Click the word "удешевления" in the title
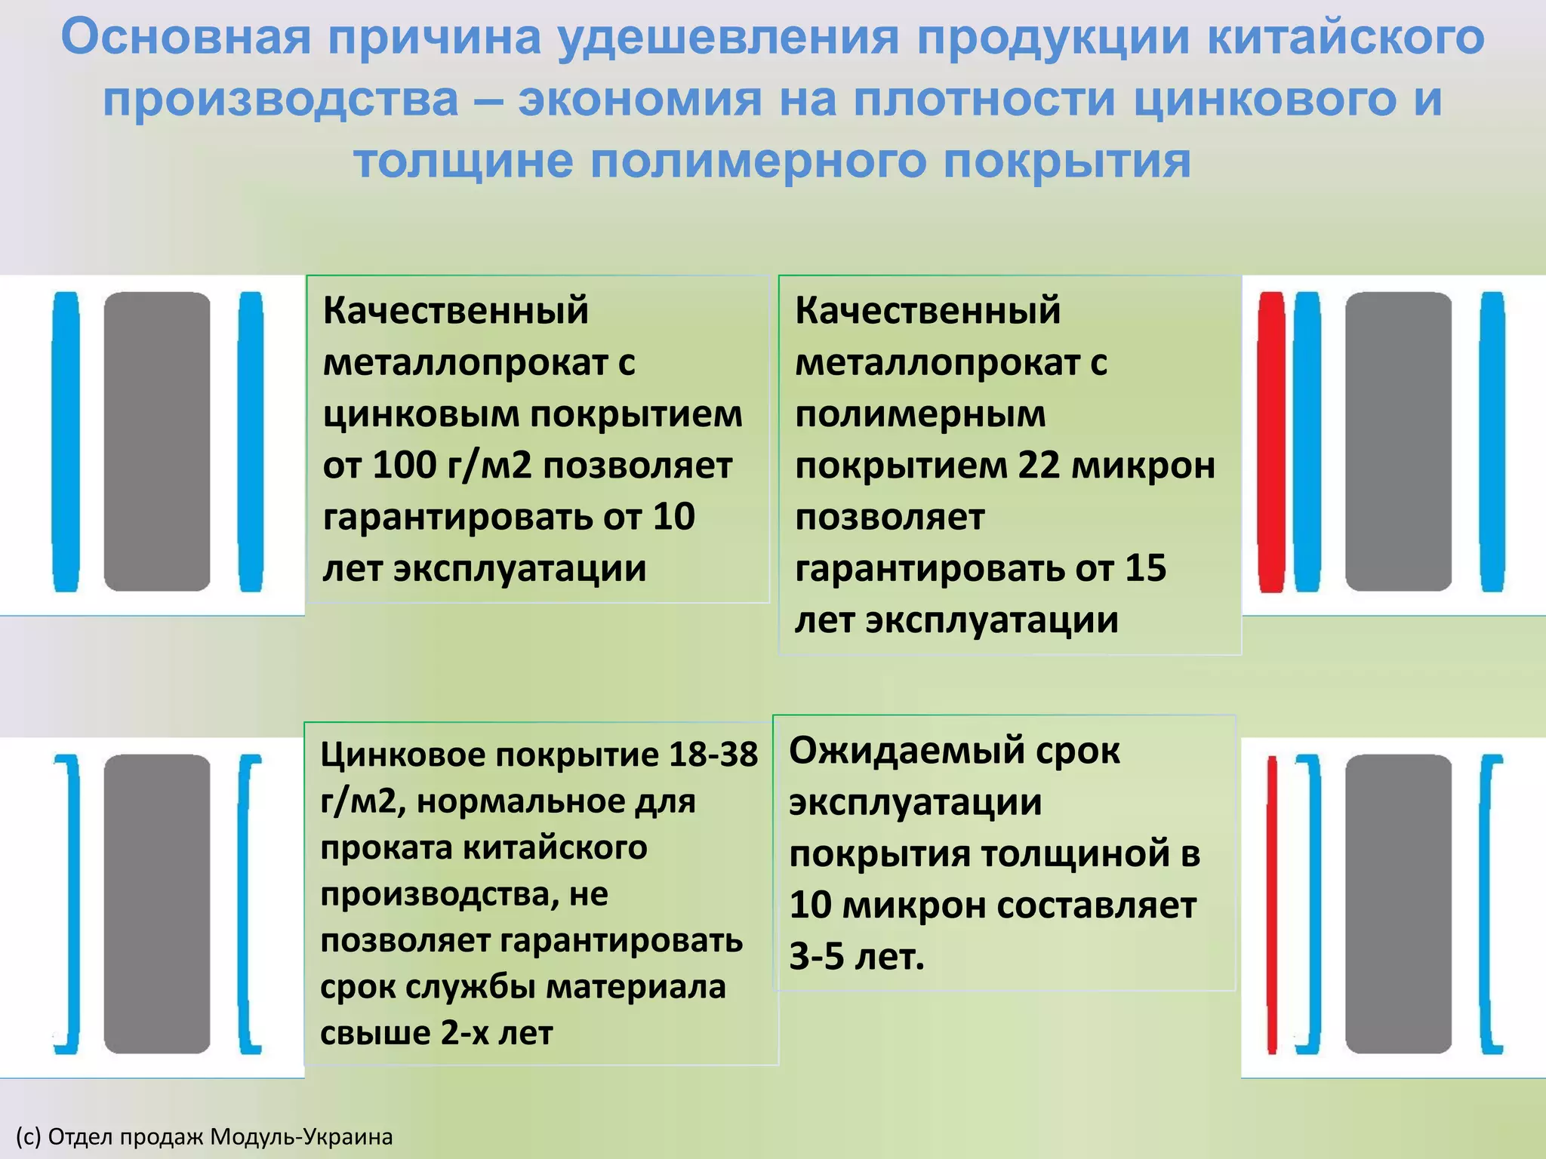pos(728,38)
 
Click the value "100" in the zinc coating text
pos(405,466)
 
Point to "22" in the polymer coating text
pos(1039,466)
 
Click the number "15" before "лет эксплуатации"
pos(1145,568)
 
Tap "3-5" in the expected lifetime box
pos(816,957)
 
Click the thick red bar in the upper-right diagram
pos(1271,441)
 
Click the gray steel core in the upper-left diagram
pos(157,441)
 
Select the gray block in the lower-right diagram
pos(1398,904)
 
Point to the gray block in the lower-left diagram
pos(157,904)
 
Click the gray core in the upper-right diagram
pos(1398,441)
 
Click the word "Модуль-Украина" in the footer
pos(301,1136)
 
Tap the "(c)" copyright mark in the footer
pos(28,1136)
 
